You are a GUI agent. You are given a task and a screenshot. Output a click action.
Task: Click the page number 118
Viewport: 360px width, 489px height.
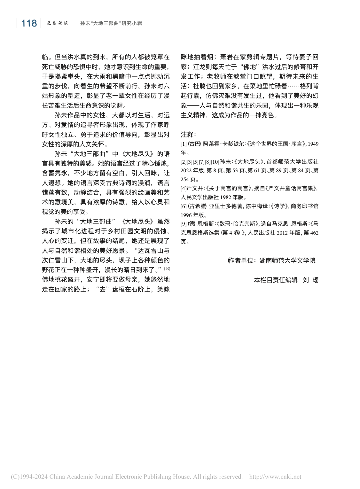click(x=29, y=23)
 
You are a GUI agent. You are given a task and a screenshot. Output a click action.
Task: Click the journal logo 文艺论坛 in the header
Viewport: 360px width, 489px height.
click(x=58, y=23)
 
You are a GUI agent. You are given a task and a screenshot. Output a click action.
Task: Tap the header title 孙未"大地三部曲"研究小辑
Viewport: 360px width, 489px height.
click(x=111, y=23)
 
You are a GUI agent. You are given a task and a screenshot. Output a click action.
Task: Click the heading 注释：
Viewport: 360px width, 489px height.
click(x=188, y=134)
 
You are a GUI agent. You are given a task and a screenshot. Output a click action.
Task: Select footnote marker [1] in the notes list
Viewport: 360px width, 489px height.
click(x=184, y=144)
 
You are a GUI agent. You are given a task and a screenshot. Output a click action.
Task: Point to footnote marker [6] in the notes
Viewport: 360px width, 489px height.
click(x=184, y=206)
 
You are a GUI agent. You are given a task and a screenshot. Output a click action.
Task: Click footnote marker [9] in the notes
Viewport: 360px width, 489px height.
click(x=184, y=224)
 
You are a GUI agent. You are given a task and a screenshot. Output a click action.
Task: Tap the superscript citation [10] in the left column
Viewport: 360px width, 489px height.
click(x=167, y=268)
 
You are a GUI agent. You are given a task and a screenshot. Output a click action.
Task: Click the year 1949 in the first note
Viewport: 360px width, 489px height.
click(x=313, y=144)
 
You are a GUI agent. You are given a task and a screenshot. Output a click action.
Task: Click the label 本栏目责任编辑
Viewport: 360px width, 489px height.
click(x=276, y=280)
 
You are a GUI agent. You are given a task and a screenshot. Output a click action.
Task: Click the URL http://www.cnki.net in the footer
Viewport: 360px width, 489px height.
click(x=275, y=477)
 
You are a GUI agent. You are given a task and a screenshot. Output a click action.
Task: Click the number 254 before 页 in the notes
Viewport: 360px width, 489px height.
click(x=185, y=179)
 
